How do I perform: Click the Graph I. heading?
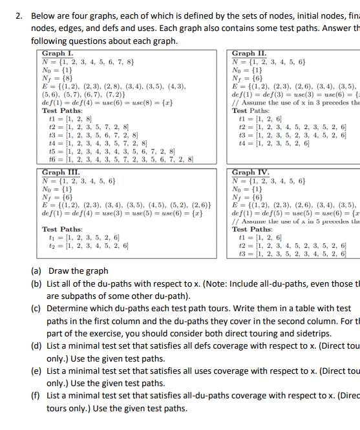tap(57, 54)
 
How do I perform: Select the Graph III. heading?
tap(59, 172)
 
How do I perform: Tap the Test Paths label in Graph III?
tap(62, 229)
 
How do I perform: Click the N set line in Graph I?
tap(88, 62)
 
